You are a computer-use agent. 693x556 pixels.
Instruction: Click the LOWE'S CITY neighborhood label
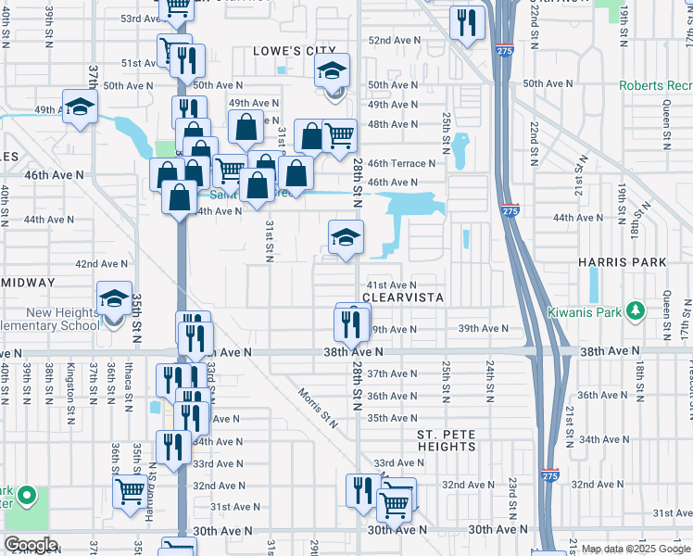[x=295, y=51]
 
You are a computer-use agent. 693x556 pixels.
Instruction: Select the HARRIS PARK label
[x=623, y=262]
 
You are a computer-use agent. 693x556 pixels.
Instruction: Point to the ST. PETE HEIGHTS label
[x=446, y=439]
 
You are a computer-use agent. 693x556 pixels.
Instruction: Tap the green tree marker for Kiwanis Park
[x=635, y=310]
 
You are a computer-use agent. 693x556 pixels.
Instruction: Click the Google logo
[x=31, y=545]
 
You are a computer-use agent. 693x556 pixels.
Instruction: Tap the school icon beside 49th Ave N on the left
[x=81, y=107]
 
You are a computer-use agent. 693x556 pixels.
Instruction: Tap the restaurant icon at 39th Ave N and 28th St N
[x=350, y=323]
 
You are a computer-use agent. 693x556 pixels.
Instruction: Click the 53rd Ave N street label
[x=142, y=19]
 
